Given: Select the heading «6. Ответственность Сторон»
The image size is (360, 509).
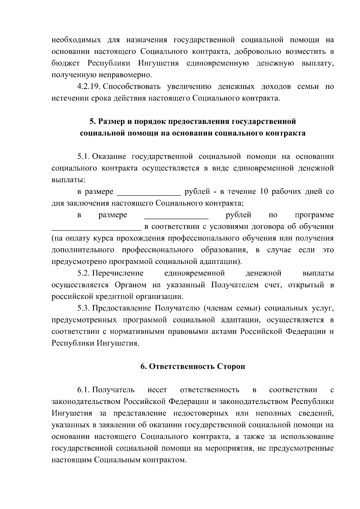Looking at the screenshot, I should click(193, 367).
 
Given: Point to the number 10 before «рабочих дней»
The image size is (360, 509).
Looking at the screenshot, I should click(264, 192).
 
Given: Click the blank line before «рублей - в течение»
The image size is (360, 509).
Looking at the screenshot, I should click(149, 194).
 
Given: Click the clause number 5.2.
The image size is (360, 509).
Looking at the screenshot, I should click(83, 273).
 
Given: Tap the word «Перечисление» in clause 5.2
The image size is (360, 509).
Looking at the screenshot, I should click(118, 273).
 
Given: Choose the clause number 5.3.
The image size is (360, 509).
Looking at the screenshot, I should click(83, 308).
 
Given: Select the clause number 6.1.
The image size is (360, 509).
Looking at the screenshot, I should click(83, 390).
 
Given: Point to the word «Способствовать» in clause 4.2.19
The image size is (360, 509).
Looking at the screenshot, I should click(132, 87).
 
